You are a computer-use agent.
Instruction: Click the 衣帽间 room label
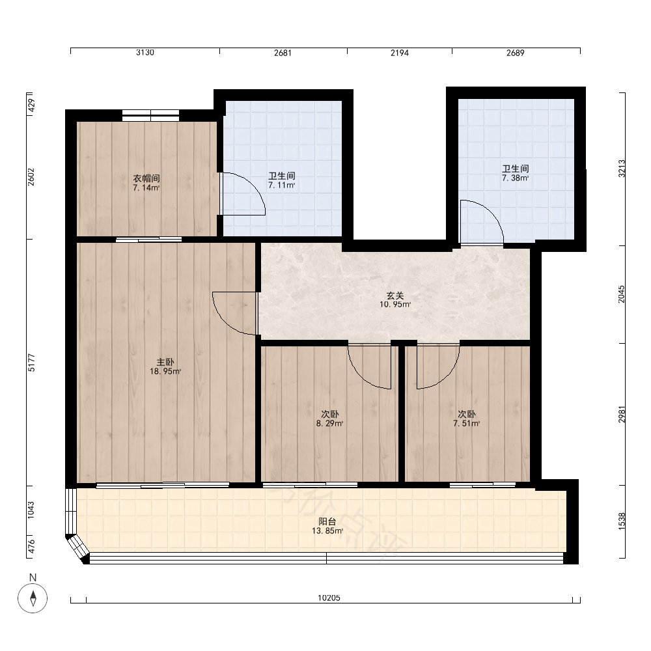pyautogui.click(x=146, y=178)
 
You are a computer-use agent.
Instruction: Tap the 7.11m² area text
pyautogui.click(x=281, y=185)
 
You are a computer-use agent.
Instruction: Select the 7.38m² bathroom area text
pyautogui.click(x=515, y=178)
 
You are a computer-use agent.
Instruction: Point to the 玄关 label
pyautogui.click(x=395, y=296)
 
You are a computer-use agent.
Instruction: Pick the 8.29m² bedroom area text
pyautogui.click(x=329, y=424)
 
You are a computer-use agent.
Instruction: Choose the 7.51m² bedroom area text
pyautogui.click(x=467, y=424)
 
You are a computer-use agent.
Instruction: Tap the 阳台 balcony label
pyautogui.click(x=327, y=522)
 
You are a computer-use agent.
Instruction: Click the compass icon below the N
pyautogui.click(x=33, y=598)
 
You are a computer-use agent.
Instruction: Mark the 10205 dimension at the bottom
pyautogui.click(x=329, y=598)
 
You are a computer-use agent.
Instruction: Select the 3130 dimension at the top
pyautogui.click(x=145, y=53)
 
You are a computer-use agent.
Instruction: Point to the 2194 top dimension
pyautogui.click(x=400, y=53)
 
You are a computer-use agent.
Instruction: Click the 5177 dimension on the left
pyautogui.click(x=31, y=363)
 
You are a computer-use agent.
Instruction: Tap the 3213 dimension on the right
pyautogui.click(x=622, y=169)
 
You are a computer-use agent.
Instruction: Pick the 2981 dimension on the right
pyautogui.click(x=622, y=414)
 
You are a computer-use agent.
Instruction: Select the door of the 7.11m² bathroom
pyautogui.click(x=242, y=193)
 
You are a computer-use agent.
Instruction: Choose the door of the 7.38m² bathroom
pyautogui.click(x=482, y=222)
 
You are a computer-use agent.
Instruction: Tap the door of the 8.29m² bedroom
pyautogui.click(x=370, y=366)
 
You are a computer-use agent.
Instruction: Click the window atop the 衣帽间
pyautogui.click(x=151, y=115)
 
